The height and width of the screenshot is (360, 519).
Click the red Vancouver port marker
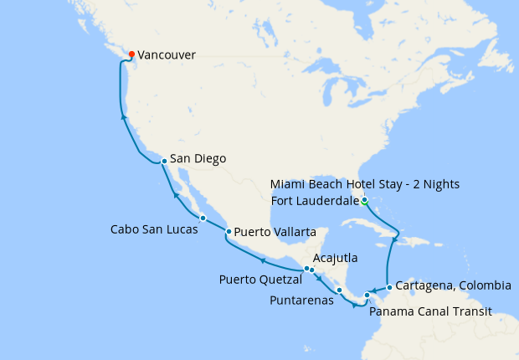click(x=131, y=55)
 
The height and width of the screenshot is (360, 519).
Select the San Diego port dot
click(x=164, y=159)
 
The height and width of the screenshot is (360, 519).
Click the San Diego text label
click(x=198, y=158)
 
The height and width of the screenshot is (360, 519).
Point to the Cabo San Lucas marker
click(x=203, y=218)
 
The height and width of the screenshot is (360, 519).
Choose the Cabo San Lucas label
click(x=155, y=229)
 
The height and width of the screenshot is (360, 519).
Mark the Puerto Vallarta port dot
click(x=229, y=231)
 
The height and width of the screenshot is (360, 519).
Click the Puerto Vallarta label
click(x=275, y=231)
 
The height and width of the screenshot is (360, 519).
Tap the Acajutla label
click(x=338, y=257)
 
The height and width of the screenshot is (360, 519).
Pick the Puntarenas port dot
click(x=339, y=291)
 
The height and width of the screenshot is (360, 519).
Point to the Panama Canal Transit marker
click(x=367, y=296)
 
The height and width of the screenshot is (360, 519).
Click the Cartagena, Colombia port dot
click(x=389, y=286)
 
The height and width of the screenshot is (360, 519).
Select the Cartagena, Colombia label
click(x=453, y=285)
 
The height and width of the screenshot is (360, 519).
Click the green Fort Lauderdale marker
click(x=364, y=200)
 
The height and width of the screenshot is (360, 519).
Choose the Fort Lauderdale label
click(x=313, y=200)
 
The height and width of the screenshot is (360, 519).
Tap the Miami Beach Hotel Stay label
click(x=366, y=183)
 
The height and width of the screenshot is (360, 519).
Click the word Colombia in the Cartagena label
click(x=483, y=285)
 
